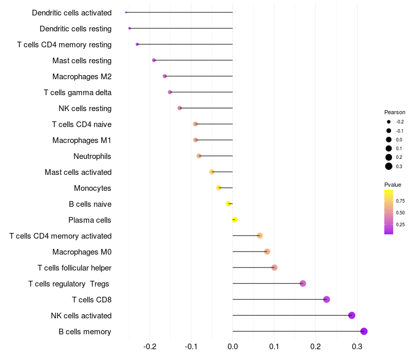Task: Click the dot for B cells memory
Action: pos(364,331)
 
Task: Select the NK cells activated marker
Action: pos(352,315)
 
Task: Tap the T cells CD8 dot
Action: pos(326,299)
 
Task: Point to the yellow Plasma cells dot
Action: pos(235,220)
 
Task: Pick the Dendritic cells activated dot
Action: pos(126,12)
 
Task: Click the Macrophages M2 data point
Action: pos(165,76)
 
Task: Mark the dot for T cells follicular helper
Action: pos(274,267)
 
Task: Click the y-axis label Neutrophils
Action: pos(92,156)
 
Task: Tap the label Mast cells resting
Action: pos(82,61)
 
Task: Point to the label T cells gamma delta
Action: pos(78,93)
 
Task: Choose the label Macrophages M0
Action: pos(82,251)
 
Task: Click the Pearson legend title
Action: pos(395,112)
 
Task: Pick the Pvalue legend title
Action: pos(393,185)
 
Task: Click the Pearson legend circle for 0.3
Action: pos(389,166)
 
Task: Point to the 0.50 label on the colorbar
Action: pos(400,212)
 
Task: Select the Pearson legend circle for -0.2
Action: pos(389,122)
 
